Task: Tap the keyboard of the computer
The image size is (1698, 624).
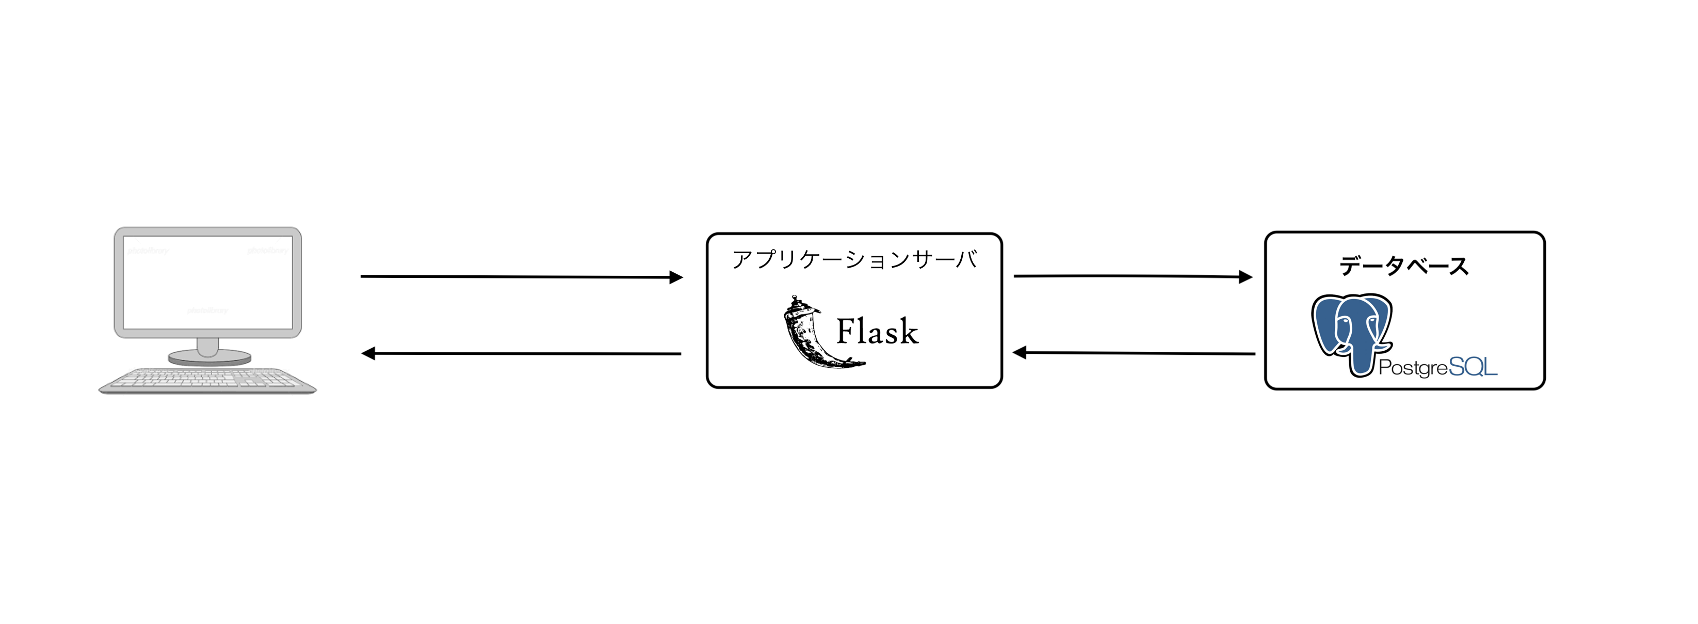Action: coord(207,381)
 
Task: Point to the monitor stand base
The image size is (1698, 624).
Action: coord(209,358)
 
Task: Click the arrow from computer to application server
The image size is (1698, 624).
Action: coord(514,277)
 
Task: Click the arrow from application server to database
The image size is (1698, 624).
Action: coord(1127,276)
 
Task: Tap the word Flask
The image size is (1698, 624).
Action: coord(877,331)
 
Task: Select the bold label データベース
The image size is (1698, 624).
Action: coord(1404,267)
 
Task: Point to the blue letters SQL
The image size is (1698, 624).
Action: coord(1473,367)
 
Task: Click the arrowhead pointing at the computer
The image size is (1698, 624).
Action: coord(368,353)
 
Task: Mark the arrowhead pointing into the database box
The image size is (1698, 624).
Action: coord(1246,277)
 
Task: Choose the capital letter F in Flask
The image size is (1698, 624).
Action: coord(845,331)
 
